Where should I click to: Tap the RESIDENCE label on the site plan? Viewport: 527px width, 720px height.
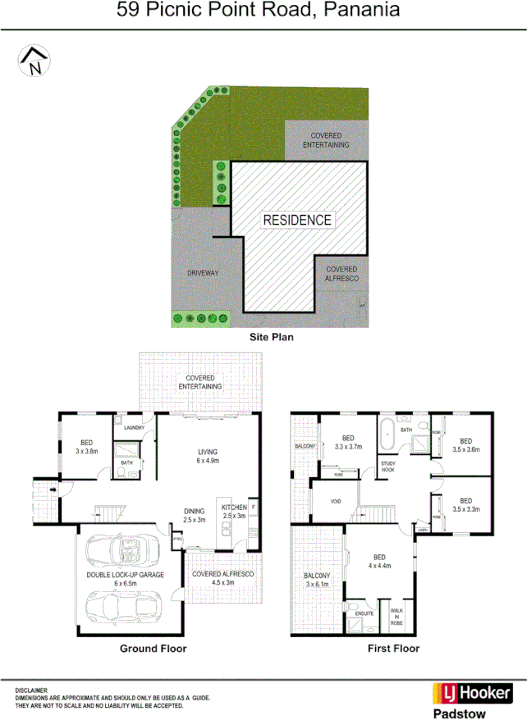[297, 220]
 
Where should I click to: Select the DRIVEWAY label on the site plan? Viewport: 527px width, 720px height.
[201, 272]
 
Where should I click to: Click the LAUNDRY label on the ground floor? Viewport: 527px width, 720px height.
[134, 428]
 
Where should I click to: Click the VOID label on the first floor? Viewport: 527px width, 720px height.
[335, 501]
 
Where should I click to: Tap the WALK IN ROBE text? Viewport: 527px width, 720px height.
[397, 617]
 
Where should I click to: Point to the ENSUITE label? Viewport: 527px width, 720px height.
[364, 613]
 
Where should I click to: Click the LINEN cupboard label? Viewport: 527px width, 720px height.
[422, 529]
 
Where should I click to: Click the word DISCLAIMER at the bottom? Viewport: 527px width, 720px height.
[31, 690]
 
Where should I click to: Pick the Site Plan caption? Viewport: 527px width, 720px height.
[271, 336]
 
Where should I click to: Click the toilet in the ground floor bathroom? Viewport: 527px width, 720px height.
[144, 465]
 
